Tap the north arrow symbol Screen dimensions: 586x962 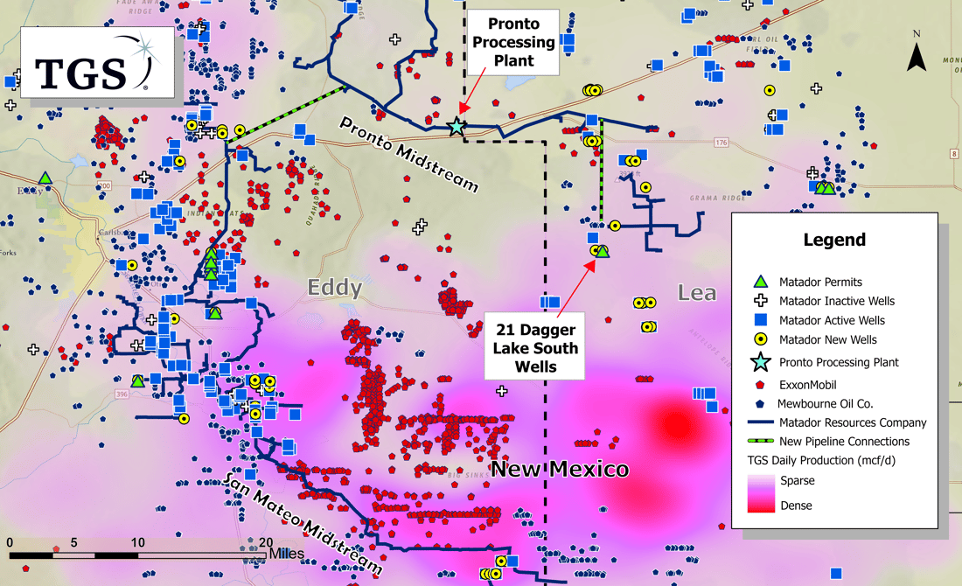click(916, 55)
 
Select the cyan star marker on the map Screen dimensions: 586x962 click(456, 127)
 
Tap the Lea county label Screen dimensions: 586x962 click(697, 292)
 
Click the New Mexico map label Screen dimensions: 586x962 click(559, 470)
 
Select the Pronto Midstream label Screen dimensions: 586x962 click(409, 154)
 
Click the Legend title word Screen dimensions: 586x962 click(834, 240)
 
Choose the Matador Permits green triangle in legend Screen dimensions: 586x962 click(761, 282)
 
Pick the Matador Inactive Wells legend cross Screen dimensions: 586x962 click(761, 301)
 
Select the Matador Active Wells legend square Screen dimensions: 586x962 click(761, 320)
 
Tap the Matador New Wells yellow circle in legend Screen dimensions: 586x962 click(761, 339)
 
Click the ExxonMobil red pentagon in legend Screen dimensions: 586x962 click(761, 382)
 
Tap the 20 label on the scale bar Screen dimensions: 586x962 click(264, 542)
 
